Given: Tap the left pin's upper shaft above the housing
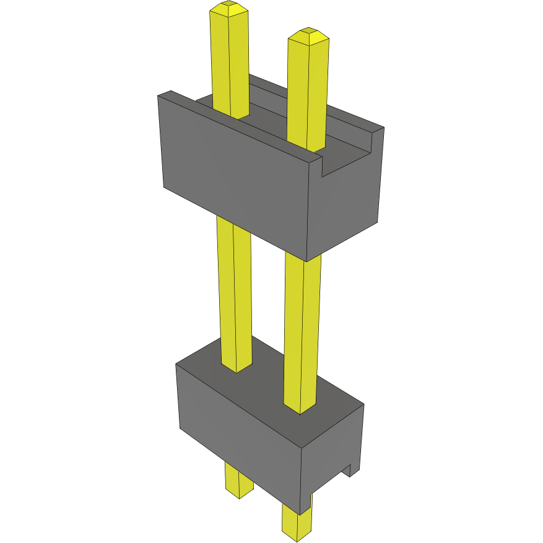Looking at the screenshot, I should click(x=230, y=62).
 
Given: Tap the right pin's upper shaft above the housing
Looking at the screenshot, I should click(x=306, y=93).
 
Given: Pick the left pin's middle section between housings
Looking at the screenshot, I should click(x=235, y=291).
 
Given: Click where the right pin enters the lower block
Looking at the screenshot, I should click(x=300, y=408).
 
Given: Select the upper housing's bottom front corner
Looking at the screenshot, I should click(x=306, y=260).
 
